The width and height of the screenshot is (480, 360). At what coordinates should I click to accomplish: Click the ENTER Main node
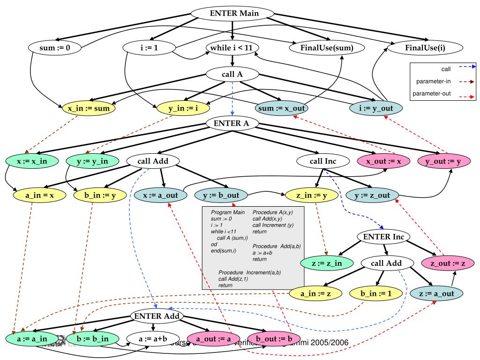coord(235,13)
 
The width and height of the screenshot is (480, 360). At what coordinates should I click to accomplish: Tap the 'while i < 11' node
coord(232,47)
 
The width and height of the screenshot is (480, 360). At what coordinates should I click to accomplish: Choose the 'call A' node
coord(232,74)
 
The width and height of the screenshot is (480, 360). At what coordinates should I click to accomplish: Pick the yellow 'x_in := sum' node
coord(89,109)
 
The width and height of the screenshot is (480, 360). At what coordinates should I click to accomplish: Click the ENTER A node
coord(232,123)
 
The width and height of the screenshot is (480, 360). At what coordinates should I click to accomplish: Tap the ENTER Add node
coord(157,316)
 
